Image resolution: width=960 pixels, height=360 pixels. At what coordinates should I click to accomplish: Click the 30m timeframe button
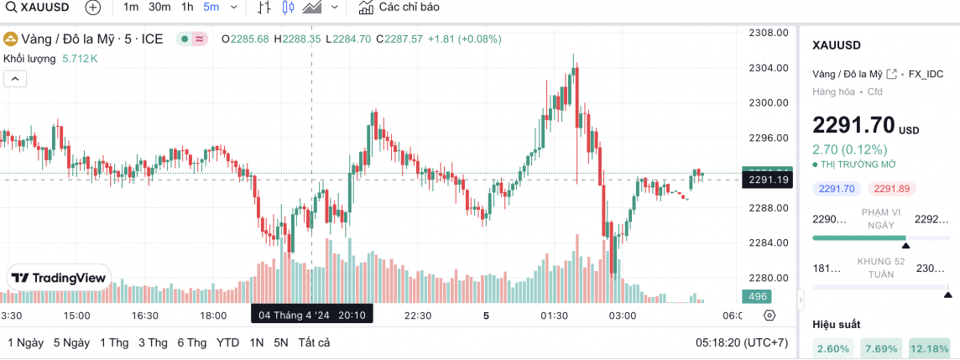(x=159, y=8)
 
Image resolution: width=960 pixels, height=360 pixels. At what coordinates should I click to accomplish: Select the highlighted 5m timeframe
(x=211, y=8)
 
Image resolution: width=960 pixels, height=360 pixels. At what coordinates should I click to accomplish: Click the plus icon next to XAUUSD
(x=92, y=8)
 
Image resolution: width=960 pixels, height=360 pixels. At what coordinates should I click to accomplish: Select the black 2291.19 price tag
(x=767, y=180)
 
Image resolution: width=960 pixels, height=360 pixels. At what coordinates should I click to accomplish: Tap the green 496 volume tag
(x=758, y=296)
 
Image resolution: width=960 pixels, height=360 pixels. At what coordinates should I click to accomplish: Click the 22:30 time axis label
(x=418, y=316)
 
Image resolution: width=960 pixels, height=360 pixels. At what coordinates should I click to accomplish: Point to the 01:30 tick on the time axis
(x=555, y=316)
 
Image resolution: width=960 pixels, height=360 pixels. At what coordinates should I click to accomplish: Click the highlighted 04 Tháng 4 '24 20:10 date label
(x=312, y=316)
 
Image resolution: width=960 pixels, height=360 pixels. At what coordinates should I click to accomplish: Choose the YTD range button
(x=227, y=342)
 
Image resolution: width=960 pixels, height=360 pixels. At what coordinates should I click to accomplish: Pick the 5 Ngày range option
(x=71, y=342)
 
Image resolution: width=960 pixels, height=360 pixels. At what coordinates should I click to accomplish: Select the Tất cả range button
(x=313, y=342)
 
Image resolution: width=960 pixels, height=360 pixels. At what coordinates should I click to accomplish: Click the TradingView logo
(x=59, y=278)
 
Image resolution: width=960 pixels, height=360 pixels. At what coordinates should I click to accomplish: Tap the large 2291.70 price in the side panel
(x=853, y=126)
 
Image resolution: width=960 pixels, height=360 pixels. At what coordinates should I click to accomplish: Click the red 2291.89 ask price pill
(x=891, y=189)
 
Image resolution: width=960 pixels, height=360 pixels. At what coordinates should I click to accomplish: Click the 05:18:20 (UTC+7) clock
(x=742, y=342)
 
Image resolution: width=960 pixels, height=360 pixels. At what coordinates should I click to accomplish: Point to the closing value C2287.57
(x=399, y=39)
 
